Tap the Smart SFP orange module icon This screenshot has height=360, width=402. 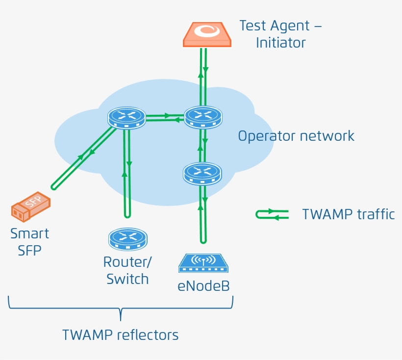31,206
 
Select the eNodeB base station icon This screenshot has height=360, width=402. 203,263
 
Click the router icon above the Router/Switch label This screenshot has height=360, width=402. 127,238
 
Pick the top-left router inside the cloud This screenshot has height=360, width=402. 126,118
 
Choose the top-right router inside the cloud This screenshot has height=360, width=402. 203,117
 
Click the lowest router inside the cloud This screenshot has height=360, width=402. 202,173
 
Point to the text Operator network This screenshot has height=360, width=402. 296,136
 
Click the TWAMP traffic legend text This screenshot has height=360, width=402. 348,214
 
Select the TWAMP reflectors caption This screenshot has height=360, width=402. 120,335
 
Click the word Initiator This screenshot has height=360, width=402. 280,43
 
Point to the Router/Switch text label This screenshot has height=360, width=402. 127,271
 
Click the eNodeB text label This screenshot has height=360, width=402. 203,286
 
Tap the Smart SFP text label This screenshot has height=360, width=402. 29,241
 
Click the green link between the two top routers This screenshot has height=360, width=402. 165,117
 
